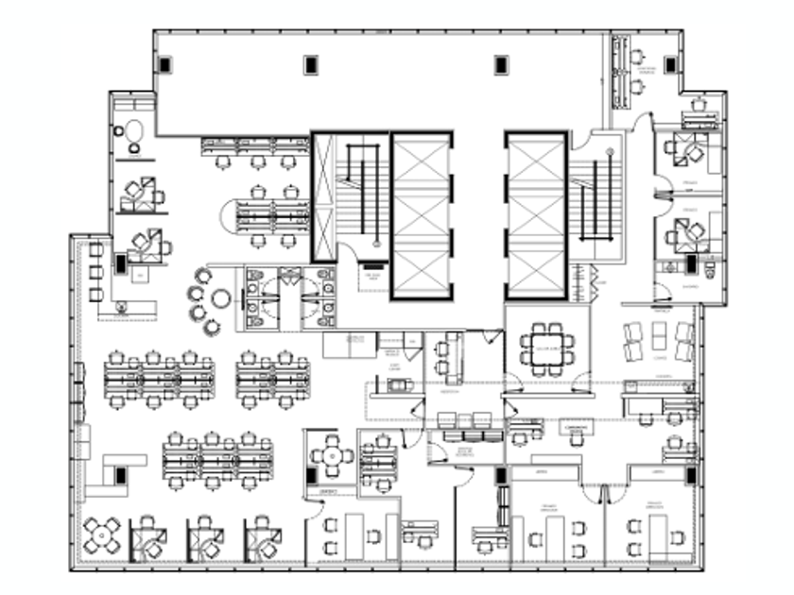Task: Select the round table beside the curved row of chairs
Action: pos(221,298)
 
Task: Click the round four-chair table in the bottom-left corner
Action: pos(101,535)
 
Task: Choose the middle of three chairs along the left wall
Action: pos(95,272)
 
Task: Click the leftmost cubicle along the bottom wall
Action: pos(148,538)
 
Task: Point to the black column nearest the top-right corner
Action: pos(670,65)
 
